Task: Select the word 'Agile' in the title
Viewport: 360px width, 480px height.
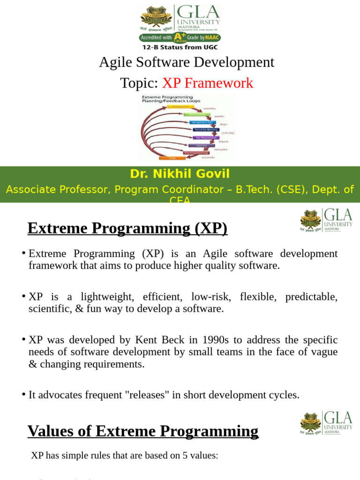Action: tap(113, 62)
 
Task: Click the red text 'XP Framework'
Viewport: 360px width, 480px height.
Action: tap(208, 83)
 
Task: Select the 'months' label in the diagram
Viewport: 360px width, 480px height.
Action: tap(222, 108)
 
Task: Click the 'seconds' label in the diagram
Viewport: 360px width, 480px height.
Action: tap(208, 157)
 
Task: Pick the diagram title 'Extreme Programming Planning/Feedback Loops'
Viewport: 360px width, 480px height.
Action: tap(171, 98)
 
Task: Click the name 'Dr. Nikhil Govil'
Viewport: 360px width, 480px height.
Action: tap(180, 174)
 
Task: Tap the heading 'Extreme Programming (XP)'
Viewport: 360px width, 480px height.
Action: tap(127, 228)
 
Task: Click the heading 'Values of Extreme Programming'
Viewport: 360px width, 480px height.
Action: tap(143, 431)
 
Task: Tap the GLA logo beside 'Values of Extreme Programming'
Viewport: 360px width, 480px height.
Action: tap(326, 424)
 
